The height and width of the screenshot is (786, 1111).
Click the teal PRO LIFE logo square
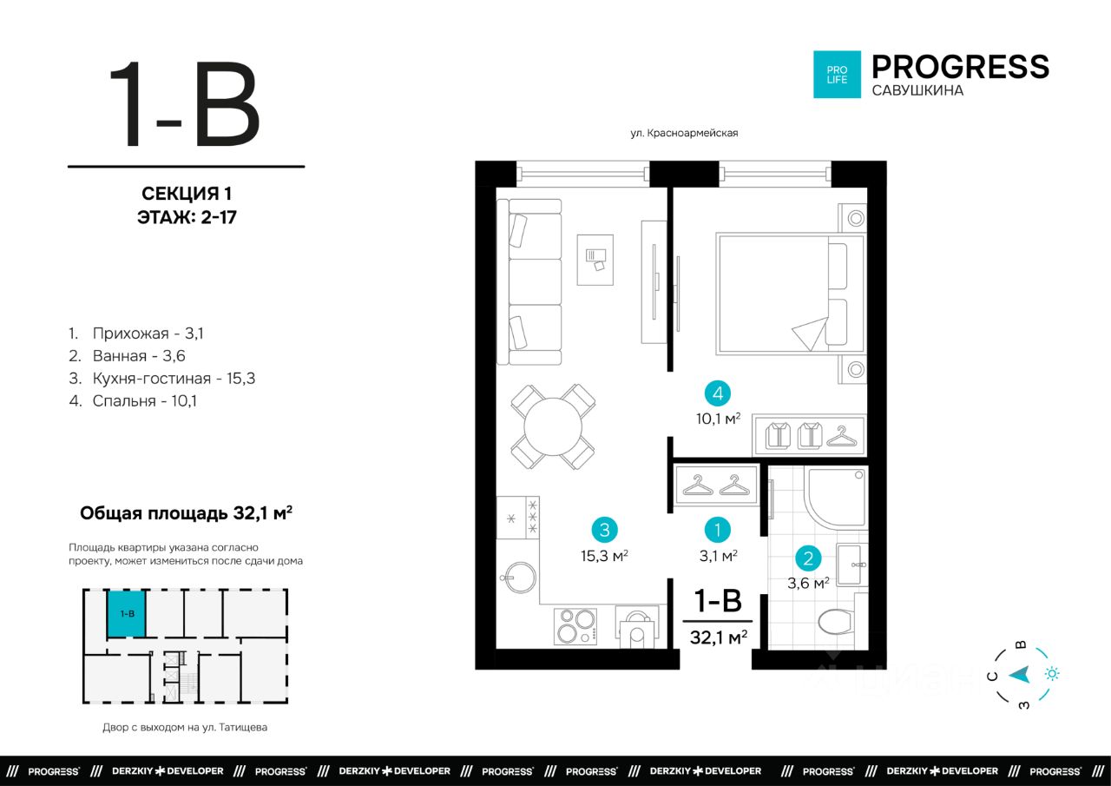(x=837, y=75)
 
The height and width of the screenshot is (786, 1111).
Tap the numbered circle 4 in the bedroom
(x=718, y=393)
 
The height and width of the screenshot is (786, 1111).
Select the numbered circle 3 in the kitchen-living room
(x=605, y=530)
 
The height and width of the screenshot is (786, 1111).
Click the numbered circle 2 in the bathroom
(x=808, y=558)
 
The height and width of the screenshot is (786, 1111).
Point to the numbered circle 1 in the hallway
(x=718, y=530)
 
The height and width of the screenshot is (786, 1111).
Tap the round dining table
(x=553, y=426)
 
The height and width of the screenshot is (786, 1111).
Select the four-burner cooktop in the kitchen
(x=575, y=626)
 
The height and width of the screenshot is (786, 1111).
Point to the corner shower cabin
(x=836, y=498)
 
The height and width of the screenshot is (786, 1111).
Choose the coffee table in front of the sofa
(x=595, y=260)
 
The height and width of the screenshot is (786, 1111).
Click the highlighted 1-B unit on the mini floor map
(x=127, y=614)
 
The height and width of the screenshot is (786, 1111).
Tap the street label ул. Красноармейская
(x=684, y=133)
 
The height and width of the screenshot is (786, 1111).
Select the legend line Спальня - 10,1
(x=133, y=401)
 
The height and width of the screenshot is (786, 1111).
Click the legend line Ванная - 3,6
(x=127, y=356)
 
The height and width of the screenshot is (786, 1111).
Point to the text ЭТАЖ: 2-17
(x=187, y=217)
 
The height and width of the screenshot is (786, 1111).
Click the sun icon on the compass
(x=1052, y=674)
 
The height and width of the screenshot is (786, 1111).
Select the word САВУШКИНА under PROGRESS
(x=917, y=91)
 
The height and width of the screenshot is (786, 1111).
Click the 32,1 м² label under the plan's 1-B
(x=718, y=637)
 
